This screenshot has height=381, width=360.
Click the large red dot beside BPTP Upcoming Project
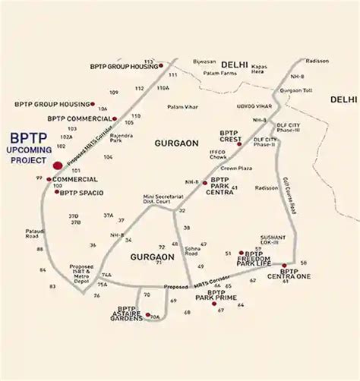[58, 165]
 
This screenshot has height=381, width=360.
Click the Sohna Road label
[196, 250]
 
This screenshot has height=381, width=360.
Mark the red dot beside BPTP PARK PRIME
[192, 303]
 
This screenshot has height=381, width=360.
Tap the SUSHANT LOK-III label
[273, 240]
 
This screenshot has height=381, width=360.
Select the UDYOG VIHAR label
[254, 106]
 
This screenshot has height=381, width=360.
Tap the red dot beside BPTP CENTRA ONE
[283, 266]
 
